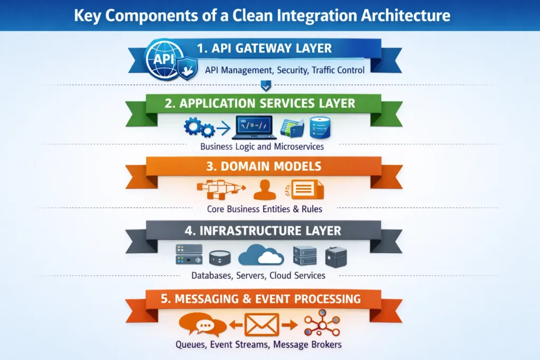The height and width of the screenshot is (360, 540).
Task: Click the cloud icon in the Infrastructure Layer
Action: [x=261, y=255]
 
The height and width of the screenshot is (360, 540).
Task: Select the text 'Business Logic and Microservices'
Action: [x=262, y=147]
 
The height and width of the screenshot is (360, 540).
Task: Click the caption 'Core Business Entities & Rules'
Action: [x=264, y=209]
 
